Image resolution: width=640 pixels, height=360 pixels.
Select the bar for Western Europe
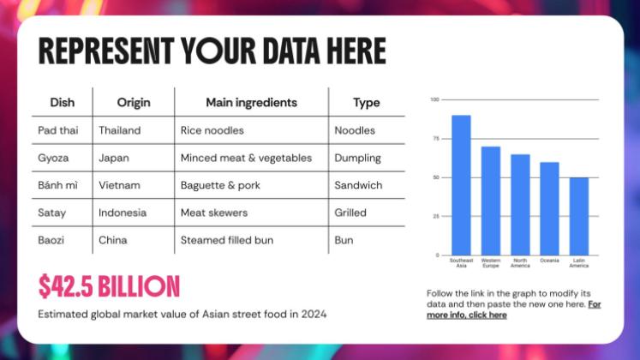491,201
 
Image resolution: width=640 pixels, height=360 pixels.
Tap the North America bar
520,205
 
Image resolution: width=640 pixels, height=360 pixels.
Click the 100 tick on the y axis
434,99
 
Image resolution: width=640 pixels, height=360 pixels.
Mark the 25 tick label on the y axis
435,216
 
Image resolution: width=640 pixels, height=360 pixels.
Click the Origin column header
134,102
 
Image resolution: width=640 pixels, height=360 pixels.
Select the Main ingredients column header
251,102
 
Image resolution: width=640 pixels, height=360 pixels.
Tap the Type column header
366,102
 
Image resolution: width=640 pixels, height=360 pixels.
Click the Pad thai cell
57,130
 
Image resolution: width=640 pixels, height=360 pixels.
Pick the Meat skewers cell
213,213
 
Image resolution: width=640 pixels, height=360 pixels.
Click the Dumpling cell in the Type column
357,158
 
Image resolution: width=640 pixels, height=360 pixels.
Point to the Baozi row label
52,240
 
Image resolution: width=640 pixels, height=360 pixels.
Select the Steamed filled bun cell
226,240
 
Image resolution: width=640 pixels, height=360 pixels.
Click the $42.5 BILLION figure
109,286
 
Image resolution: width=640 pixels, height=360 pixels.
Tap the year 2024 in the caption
314,314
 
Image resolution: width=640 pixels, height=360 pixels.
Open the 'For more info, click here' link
514,309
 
